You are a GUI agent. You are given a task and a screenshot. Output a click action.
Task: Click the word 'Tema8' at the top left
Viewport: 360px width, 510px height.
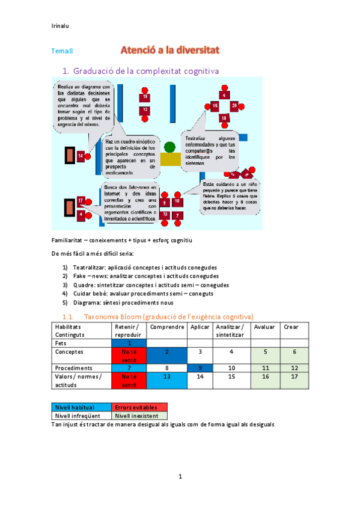tap(63, 51)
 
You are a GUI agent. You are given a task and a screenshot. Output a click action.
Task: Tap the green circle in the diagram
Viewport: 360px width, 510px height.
tap(170, 147)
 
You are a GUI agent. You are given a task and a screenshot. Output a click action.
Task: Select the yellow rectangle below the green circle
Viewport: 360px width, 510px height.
tap(171, 159)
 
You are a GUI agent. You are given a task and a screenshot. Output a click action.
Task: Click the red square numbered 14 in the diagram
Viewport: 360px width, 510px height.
tap(81, 156)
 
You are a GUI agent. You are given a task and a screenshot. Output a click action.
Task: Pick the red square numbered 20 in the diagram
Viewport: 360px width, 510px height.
tap(234, 106)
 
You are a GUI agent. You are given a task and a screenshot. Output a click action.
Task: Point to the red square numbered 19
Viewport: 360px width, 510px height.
tap(145, 97)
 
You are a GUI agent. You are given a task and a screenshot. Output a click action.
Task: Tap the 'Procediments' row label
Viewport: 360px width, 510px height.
tap(73, 367)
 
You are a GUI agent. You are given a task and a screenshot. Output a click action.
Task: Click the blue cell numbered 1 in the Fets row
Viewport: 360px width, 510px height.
tap(130, 342)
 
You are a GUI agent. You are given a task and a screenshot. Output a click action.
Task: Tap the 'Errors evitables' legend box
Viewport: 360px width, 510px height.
tap(139, 407)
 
